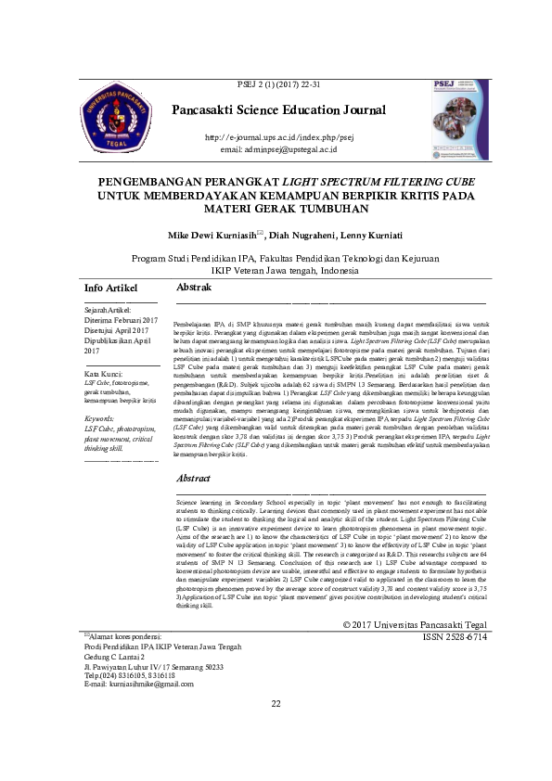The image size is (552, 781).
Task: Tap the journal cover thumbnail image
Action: pos(461,120)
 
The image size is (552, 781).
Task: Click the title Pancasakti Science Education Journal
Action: pos(278,110)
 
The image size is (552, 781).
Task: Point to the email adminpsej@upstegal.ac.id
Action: pos(278,148)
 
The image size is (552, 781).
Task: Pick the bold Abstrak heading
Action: pos(194,288)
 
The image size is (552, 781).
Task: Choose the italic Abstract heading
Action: pos(194,479)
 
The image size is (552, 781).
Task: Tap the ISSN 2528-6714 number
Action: pos(453,638)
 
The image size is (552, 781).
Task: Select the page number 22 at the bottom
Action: pos(276,728)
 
